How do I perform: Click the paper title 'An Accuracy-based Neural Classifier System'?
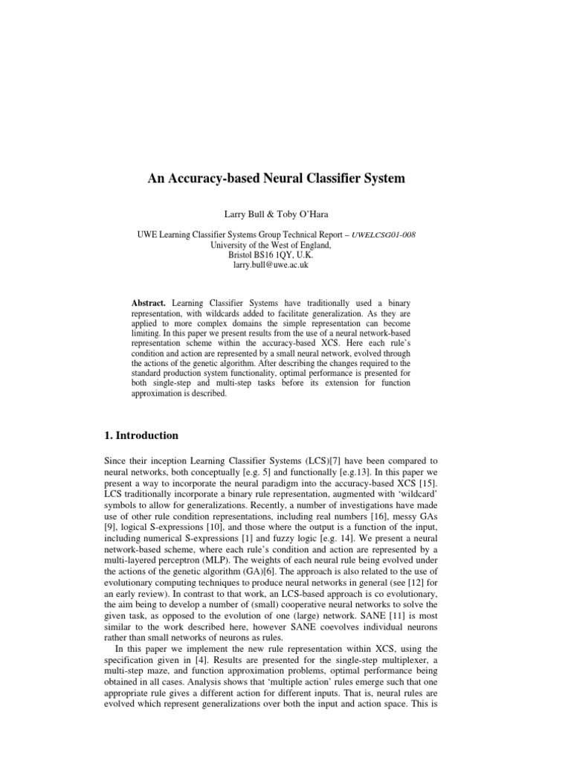click(x=285, y=179)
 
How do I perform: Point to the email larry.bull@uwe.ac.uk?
click(x=285, y=263)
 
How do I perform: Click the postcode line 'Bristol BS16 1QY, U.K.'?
click(x=285, y=253)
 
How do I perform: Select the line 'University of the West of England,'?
click(x=285, y=243)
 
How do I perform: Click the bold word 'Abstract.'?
click(x=149, y=304)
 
